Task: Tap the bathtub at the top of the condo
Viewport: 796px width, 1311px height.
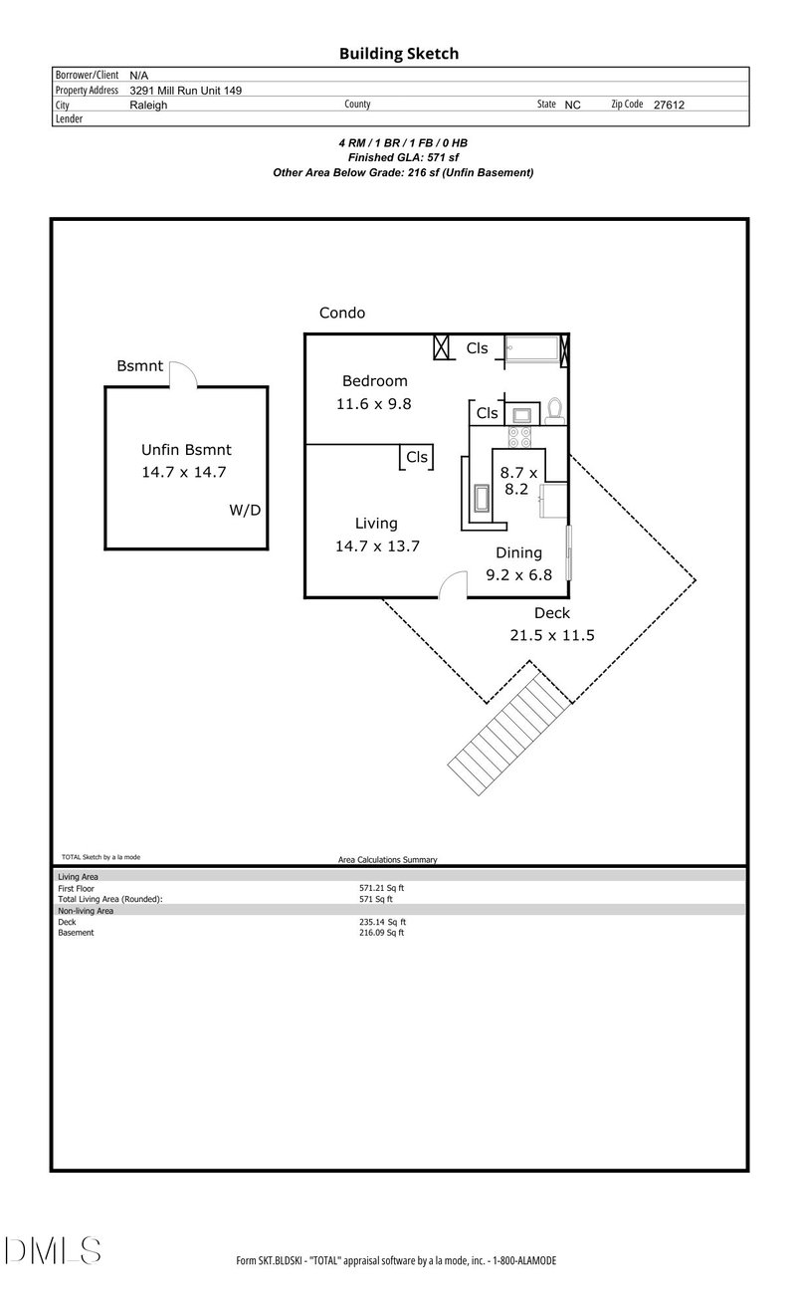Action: [533, 348]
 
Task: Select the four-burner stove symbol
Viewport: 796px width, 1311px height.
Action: [520, 436]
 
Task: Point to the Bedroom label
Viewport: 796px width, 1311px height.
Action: [374, 380]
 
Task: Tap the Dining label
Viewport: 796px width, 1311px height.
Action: [518, 552]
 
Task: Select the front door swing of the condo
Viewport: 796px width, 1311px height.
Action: [455, 585]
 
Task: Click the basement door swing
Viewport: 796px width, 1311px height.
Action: [183, 375]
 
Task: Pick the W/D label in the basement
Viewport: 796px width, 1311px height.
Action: [244, 511]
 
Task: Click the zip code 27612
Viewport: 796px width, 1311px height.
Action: [669, 105]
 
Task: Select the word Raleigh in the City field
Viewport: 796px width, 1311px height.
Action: [149, 105]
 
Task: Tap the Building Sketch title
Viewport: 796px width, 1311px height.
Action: [398, 54]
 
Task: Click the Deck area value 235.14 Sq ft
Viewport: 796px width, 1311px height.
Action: [382, 922]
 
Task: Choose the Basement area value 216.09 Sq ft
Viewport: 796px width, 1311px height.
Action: [382, 933]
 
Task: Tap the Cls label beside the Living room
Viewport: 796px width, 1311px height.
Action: [416, 457]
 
